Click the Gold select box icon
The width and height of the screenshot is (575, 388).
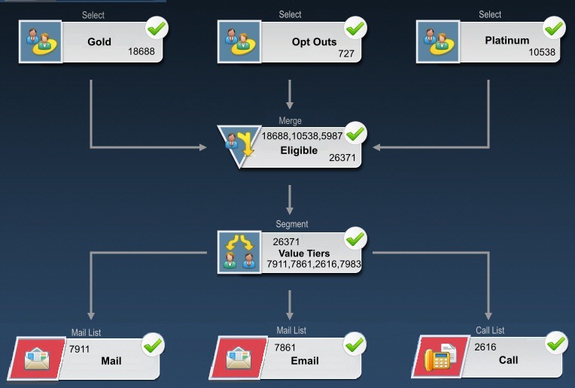click(x=40, y=41)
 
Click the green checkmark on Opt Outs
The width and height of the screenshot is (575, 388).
click(x=355, y=29)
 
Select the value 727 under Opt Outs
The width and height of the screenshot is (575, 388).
click(x=347, y=54)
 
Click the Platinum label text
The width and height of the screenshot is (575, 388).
click(x=507, y=40)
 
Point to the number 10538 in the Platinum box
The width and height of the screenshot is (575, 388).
click(x=543, y=53)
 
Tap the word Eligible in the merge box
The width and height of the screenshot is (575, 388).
click(x=299, y=150)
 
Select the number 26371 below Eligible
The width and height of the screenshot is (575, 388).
click(x=342, y=158)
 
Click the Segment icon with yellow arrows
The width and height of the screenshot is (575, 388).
click(x=239, y=251)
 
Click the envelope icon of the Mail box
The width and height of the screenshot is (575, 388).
click(x=38, y=359)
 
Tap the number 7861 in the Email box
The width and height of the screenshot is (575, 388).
click(x=285, y=348)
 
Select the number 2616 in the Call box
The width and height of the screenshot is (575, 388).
click(x=485, y=347)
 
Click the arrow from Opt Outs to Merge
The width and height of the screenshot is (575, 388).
click(x=290, y=93)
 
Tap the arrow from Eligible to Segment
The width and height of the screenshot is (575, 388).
click(x=290, y=199)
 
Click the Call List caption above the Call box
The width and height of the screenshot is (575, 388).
click(x=490, y=331)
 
